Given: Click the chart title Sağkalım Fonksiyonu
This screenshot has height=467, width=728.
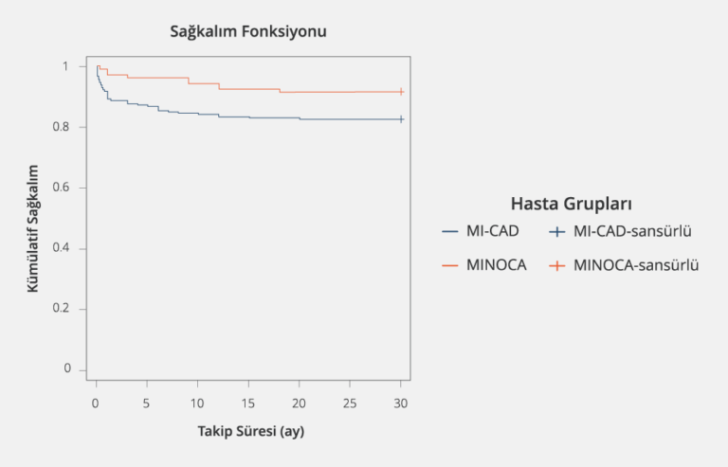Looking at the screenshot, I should [247, 32].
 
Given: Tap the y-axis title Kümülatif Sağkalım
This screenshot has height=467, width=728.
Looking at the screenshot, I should [33, 226].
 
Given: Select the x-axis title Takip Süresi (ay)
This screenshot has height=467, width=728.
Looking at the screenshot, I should [250, 431].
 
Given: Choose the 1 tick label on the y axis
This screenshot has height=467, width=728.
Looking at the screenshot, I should [66, 66].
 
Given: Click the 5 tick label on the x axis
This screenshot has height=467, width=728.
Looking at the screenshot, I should [146, 403].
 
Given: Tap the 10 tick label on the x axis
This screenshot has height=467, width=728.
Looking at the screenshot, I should [197, 403].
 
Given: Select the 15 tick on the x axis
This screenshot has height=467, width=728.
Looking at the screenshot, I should [248, 403].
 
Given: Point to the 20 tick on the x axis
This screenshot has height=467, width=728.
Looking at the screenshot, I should [299, 403].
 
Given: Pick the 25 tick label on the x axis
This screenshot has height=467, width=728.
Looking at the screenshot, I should [350, 403].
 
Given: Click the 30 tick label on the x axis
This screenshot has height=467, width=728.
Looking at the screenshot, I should [401, 403].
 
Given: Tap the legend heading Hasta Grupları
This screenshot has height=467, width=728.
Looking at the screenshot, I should [571, 204].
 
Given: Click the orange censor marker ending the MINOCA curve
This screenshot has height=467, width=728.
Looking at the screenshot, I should [401, 92].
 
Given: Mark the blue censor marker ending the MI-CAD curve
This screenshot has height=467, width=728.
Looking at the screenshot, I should [401, 119].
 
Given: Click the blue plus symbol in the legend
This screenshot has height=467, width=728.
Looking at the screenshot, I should [559, 232].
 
